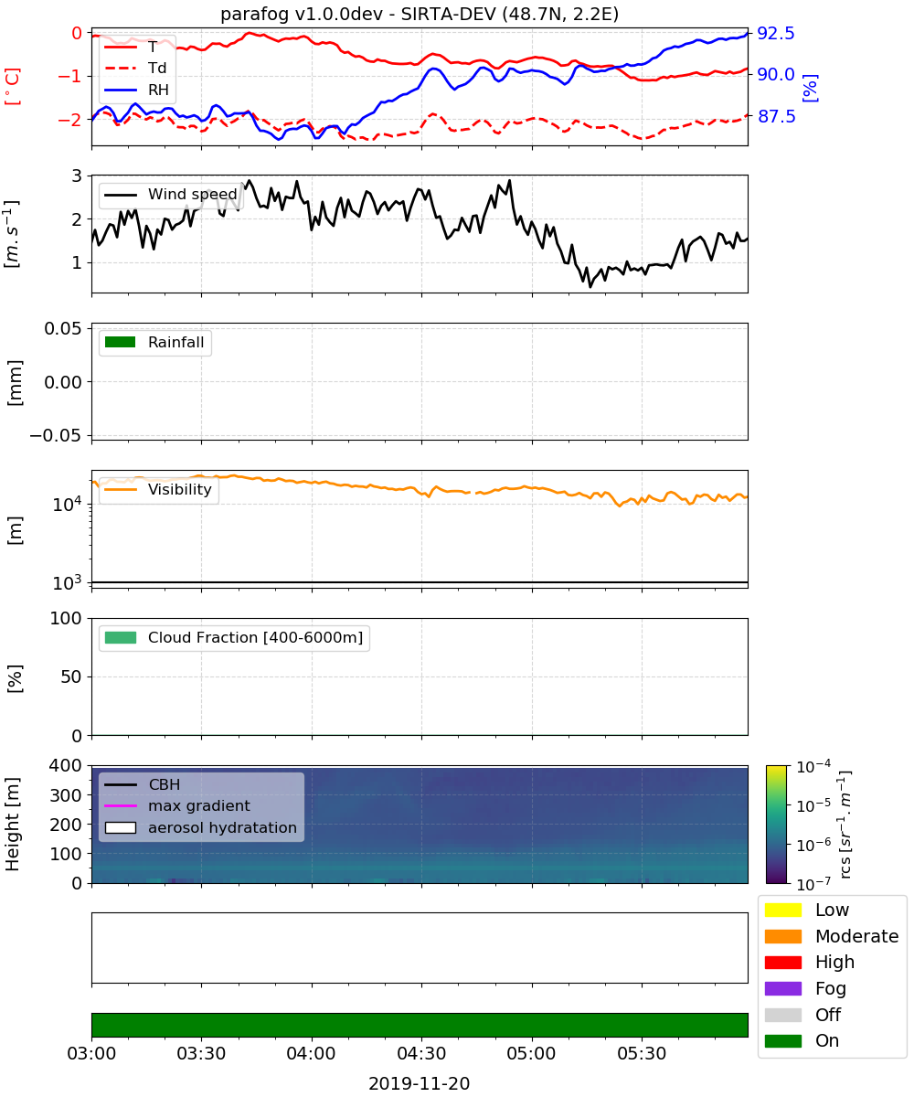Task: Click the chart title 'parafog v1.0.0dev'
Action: pyautogui.click(x=301, y=14)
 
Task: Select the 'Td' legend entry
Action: pyautogui.click(x=135, y=69)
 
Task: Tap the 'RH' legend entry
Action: pyautogui.click(x=136, y=91)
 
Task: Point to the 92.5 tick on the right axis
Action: pyautogui.click(x=775, y=33)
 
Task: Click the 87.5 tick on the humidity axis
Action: pyautogui.click(x=776, y=116)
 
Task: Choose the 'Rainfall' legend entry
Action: pyautogui.click(x=154, y=343)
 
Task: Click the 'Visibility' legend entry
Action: pyautogui.click(x=157, y=490)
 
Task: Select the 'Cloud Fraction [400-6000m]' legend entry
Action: pyautogui.click(x=234, y=638)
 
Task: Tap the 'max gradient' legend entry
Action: pyautogui.click(x=177, y=806)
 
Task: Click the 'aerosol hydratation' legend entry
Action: pyautogui.click(x=201, y=828)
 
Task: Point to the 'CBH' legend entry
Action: pyautogui.click(x=142, y=784)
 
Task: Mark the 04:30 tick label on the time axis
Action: pyautogui.click(x=421, y=1053)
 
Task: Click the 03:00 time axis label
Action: pyautogui.click(x=91, y=1053)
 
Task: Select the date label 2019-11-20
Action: pyautogui.click(x=420, y=1083)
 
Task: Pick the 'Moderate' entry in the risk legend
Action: pyautogui.click(x=832, y=936)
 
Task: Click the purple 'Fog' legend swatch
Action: pyautogui.click(x=782, y=989)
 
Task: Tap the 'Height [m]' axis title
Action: pyautogui.click(x=12, y=824)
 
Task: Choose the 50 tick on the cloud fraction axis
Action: pyautogui.click(x=71, y=676)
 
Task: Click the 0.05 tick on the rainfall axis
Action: pyautogui.click(x=63, y=328)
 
